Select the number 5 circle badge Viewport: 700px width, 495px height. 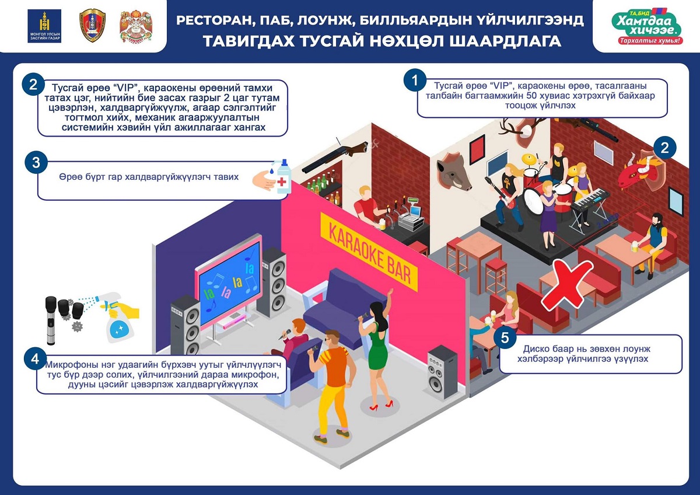[x=505, y=338]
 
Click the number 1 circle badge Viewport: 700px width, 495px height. [x=415, y=81]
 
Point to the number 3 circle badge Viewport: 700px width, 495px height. [x=36, y=162]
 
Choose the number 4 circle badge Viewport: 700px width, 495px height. [x=35, y=359]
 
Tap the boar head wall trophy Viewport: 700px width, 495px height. [x=454, y=172]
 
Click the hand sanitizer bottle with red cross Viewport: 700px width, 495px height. [x=283, y=176]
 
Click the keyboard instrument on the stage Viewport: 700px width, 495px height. [x=590, y=200]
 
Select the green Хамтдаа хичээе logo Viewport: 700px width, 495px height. [x=647, y=27]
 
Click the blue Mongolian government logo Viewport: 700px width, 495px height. [x=44, y=26]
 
